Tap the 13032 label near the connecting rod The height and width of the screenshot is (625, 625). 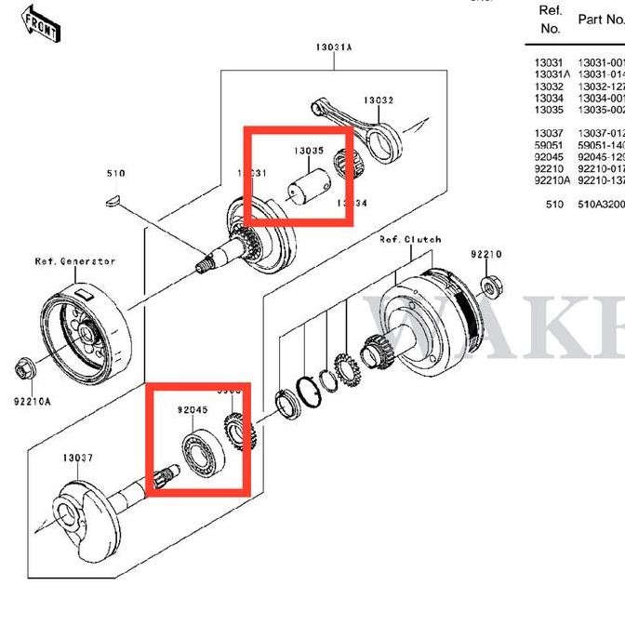click(379, 100)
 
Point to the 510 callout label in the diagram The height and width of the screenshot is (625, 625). click(115, 173)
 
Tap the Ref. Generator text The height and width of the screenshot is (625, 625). click(75, 261)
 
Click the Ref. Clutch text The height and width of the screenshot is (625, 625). click(409, 240)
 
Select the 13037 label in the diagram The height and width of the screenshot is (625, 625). click(78, 458)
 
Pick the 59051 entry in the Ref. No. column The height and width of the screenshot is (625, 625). click(548, 145)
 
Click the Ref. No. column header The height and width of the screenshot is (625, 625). click(550, 20)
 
